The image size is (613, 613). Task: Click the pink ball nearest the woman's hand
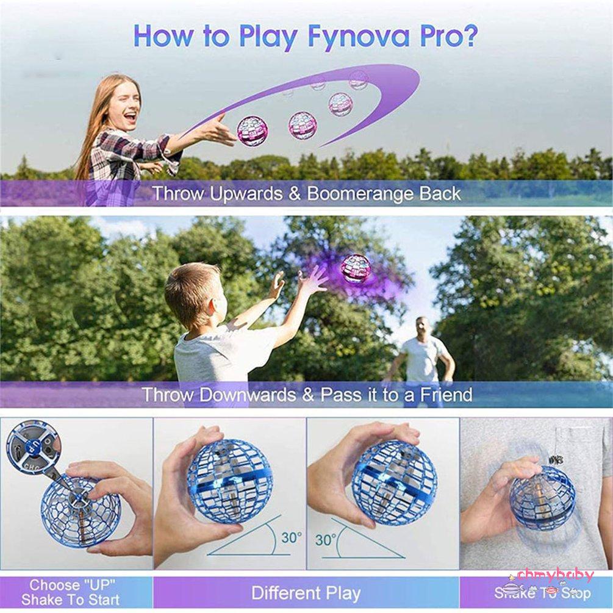(252, 131)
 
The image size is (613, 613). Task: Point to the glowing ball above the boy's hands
(356, 268)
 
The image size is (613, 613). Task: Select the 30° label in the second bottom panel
(292, 538)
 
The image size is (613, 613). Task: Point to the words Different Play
(306, 593)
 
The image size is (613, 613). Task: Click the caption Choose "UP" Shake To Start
(71, 593)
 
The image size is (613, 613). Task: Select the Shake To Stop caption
(542, 593)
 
